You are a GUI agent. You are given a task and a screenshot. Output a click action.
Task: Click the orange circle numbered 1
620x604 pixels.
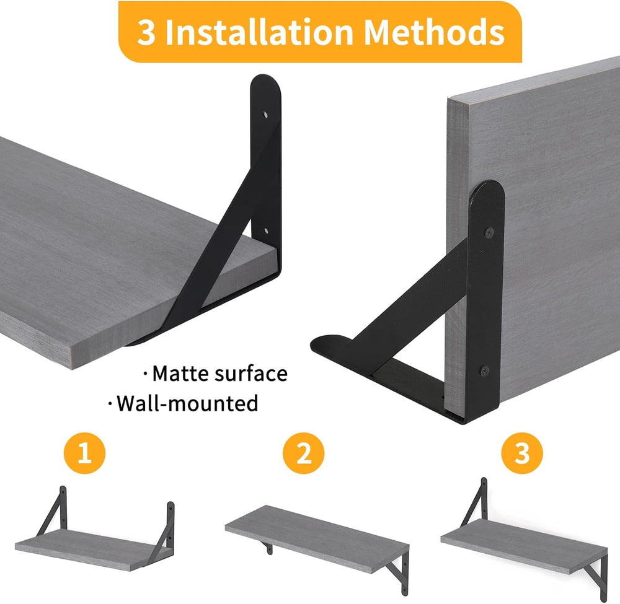tap(84, 453)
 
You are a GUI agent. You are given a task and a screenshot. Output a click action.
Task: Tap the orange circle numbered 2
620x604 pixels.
tap(303, 453)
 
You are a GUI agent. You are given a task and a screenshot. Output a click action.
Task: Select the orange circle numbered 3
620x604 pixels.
tap(522, 453)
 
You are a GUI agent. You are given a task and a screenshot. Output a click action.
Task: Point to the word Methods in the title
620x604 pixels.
tap(434, 32)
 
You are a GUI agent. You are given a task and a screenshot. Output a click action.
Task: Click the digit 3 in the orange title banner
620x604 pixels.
tap(146, 32)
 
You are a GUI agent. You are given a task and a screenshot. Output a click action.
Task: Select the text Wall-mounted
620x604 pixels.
tap(187, 403)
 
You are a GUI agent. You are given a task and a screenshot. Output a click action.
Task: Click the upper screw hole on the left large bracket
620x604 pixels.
tap(266, 115)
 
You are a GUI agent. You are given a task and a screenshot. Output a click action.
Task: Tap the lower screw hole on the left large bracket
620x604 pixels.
tap(266, 230)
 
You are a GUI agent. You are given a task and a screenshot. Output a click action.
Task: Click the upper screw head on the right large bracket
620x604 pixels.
tap(490, 233)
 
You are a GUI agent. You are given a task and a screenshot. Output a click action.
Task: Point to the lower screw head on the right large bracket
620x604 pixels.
tap(485, 371)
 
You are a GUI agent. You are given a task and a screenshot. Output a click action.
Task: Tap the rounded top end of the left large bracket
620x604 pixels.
tap(265, 81)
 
